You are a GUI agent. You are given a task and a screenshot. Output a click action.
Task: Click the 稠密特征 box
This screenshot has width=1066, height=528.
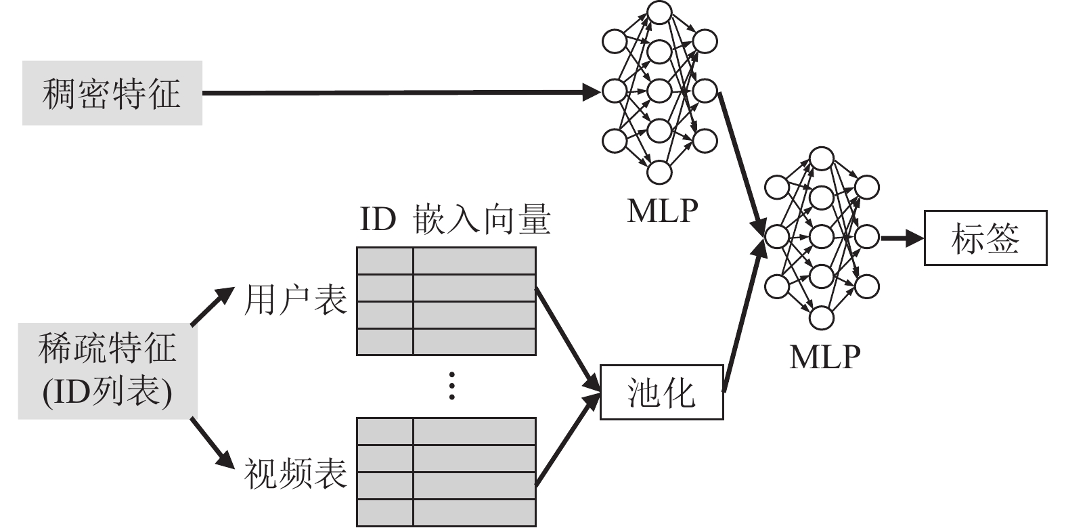coord(112,93)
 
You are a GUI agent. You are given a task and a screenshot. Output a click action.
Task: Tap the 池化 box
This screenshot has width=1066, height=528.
coord(661,392)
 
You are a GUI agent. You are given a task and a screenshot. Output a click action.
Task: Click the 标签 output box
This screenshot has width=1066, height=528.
coord(985,238)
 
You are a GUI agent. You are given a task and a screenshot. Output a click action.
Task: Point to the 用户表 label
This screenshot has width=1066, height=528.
coord(295,299)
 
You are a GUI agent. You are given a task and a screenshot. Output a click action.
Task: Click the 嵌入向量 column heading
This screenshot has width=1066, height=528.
coord(482,221)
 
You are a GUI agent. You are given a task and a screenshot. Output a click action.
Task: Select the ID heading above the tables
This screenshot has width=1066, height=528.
coord(377,221)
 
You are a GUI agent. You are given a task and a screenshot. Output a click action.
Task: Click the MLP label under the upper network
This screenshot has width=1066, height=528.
coord(662,211)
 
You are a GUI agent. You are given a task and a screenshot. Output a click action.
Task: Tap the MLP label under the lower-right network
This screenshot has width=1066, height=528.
coord(824,356)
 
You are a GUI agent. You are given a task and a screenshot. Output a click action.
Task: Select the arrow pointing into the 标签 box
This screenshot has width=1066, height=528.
coord(902,238)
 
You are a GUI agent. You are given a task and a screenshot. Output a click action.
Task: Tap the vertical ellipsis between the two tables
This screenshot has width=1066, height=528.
coord(452,385)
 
